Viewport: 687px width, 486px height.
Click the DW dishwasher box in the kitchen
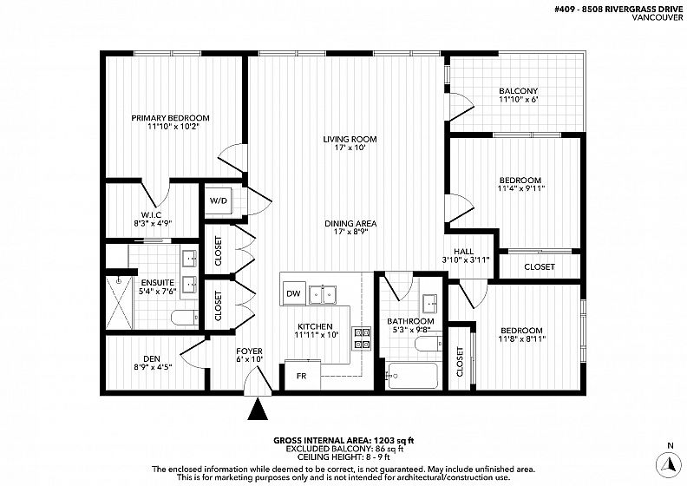click(293, 293)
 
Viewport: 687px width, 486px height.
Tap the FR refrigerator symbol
click(303, 375)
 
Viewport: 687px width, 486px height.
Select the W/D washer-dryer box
click(219, 201)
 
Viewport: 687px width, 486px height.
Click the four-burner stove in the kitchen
click(362, 338)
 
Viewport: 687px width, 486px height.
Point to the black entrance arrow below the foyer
click(258, 409)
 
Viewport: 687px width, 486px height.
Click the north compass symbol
click(670, 463)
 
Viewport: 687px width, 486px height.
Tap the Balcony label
click(519, 91)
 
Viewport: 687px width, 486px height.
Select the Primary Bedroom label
click(170, 118)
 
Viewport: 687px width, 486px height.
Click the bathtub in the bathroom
click(413, 376)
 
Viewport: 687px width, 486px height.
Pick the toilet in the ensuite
click(185, 318)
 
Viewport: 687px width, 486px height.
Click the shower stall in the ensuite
click(119, 302)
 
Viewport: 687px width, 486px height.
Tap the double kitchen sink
click(322, 294)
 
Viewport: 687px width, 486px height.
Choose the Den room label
click(152, 359)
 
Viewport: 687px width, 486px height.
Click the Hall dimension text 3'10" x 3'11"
click(466, 259)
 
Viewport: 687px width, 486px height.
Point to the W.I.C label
click(151, 214)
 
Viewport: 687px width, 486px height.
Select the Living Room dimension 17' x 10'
click(350, 148)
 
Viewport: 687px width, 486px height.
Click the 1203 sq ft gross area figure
click(394, 440)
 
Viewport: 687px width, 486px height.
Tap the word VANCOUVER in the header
click(658, 17)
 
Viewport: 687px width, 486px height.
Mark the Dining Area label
click(350, 224)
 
